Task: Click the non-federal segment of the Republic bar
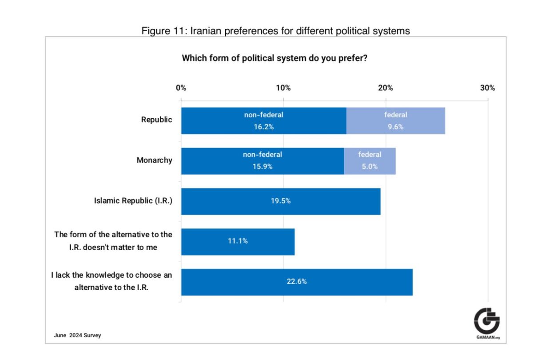click(263, 121)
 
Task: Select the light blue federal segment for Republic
click(396, 121)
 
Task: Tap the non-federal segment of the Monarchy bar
click(263, 161)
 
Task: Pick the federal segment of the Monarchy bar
click(370, 161)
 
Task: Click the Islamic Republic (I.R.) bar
click(281, 201)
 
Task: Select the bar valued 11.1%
click(238, 242)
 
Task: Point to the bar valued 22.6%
click(297, 282)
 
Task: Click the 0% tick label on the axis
click(181, 88)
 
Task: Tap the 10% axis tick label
click(283, 88)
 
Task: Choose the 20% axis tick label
click(386, 88)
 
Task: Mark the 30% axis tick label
click(488, 88)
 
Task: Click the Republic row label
click(156, 120)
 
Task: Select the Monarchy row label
click(154, 160)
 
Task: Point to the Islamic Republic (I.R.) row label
click(133, 200)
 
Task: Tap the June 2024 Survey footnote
click(77, 335)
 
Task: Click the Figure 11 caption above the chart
click(275, 31)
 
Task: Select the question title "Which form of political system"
click(274, 58)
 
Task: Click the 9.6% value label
click(396, 126)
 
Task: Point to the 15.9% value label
click(263, 167)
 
